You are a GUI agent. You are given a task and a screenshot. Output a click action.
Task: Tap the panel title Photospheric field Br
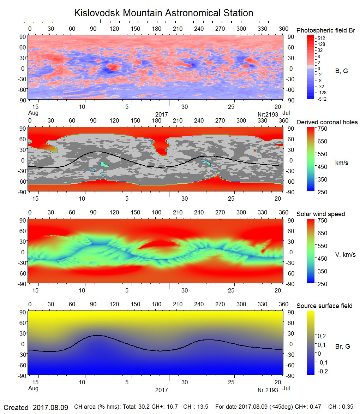click(326, 30)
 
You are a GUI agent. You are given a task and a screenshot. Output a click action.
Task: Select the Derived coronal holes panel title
click(327, 122)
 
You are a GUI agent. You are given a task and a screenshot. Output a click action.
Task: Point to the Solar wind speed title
click(320, 214)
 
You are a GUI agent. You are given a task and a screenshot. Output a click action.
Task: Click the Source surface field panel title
click(324, 306)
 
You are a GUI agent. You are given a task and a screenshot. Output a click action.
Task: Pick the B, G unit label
click(341, 71)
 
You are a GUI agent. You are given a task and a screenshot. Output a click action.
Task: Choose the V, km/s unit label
click(345, 255)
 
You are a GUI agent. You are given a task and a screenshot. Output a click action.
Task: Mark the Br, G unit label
click(342, 347)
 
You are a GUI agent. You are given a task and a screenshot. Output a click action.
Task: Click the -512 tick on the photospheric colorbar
click(322, 99)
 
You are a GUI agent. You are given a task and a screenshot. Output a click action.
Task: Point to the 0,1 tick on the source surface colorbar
click(322, 344)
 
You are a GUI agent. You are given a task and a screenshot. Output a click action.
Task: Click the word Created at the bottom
click(16, 408)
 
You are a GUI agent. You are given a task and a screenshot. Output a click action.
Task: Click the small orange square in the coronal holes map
click(255, 151)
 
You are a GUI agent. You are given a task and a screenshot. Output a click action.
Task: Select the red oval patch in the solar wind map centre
click(159, 244)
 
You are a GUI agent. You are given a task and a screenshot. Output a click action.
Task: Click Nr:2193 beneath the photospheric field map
click(268, 114)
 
